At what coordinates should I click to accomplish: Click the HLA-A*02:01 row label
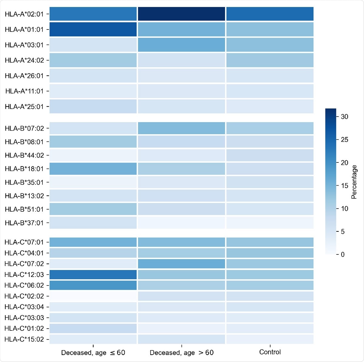(24, 14)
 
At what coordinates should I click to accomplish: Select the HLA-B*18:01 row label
(24, 169)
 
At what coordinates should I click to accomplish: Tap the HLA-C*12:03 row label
(24, 275)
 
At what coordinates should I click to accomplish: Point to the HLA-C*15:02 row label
(24, 339)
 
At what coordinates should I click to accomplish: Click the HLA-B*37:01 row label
(24, 223)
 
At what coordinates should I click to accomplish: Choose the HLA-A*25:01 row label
(24, 107)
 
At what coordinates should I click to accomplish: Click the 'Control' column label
(270, 352)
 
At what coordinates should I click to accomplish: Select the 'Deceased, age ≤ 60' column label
(93, 353)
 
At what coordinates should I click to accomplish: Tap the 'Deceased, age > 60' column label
(181, 353)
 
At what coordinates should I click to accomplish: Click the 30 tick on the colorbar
(344, 117)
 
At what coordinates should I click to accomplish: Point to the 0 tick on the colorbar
(342, 254)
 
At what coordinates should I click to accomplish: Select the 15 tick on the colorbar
(344, 186)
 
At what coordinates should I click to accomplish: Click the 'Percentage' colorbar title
(354, 182)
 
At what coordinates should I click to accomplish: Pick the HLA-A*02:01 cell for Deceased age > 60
(181, 14)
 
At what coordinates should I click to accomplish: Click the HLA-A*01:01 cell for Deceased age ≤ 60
(93, 29)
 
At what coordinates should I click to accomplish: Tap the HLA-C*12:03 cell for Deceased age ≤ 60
(93, 275)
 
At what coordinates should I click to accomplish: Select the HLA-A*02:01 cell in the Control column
(270, 14)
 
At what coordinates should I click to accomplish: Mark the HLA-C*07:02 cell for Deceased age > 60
(181, 264)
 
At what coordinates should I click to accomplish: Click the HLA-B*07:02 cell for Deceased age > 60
(181, 128)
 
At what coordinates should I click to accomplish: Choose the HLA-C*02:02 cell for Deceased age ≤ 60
(93, 296)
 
